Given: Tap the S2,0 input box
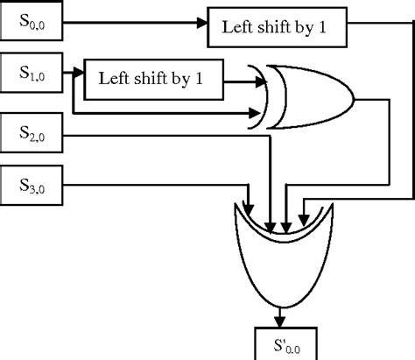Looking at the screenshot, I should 35,134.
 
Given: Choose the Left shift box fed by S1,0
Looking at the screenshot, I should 151,79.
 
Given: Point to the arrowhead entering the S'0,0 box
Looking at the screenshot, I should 281,321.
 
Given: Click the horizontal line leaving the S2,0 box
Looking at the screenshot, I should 131,135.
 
